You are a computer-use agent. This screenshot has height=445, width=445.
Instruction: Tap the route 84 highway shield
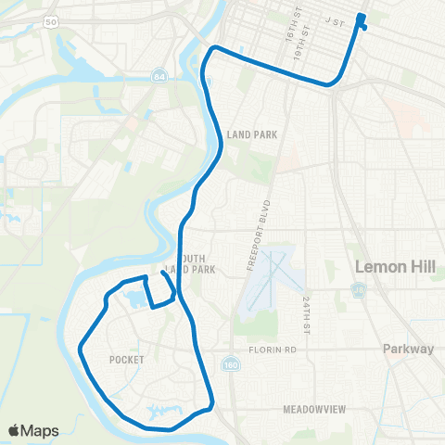point(161,75)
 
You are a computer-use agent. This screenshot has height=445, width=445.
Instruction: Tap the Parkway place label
point(408,350)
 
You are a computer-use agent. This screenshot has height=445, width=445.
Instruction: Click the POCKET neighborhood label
point(125,360)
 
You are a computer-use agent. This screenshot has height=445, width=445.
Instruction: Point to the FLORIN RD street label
point(271,351)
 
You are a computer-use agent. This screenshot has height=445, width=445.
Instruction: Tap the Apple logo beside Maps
point(15,430)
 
